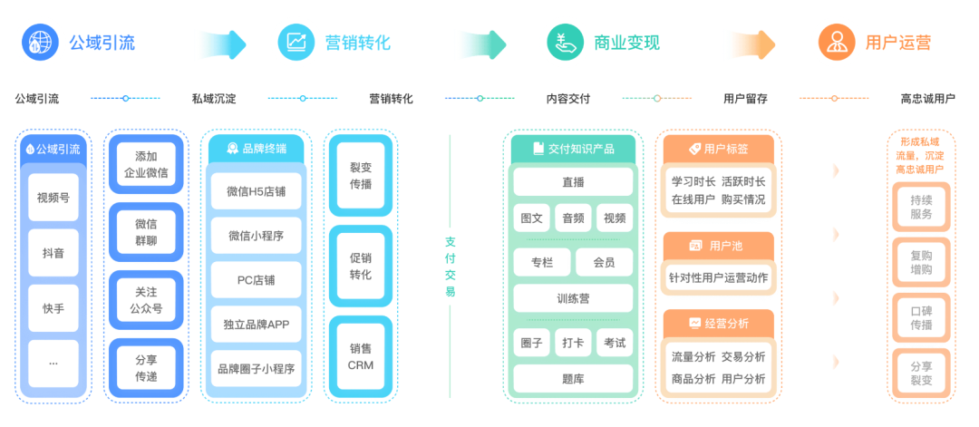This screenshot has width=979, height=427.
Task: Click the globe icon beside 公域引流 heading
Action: coord(39,42)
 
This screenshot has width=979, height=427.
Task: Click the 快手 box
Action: coord(53,307)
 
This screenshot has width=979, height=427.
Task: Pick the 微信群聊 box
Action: coord(146,231)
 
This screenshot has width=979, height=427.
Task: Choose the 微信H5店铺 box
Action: coord(257,191)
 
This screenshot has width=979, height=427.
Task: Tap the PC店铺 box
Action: coord(257,280)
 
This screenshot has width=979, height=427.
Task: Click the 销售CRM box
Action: coord(360,356)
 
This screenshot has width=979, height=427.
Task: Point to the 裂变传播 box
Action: coord(360,176)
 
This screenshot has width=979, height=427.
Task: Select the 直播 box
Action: coord(573,182)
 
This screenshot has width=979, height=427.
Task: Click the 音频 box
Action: coord(573,218)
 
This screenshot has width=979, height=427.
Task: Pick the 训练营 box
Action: coord(573,297)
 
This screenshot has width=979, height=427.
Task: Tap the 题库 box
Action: coord(573,378)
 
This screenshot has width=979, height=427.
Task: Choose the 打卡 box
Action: coord(573,343)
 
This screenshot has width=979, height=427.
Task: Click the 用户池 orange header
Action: coord(718,246)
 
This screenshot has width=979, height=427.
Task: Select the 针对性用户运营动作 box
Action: coord(718,277)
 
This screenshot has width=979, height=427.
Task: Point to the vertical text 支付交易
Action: coord(451,267)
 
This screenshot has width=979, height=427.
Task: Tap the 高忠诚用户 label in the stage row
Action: coord(927,99)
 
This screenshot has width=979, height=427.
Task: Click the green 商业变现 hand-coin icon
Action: coord(563,42)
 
